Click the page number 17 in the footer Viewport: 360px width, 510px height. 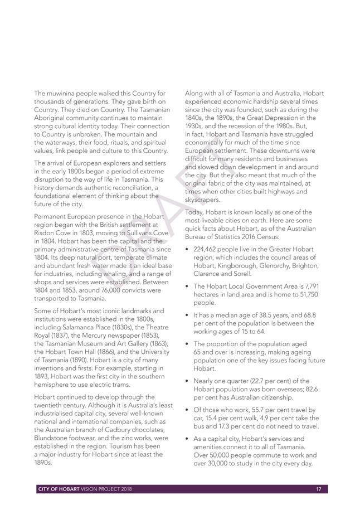point(319,489)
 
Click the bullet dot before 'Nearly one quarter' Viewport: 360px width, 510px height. point(187,380)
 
